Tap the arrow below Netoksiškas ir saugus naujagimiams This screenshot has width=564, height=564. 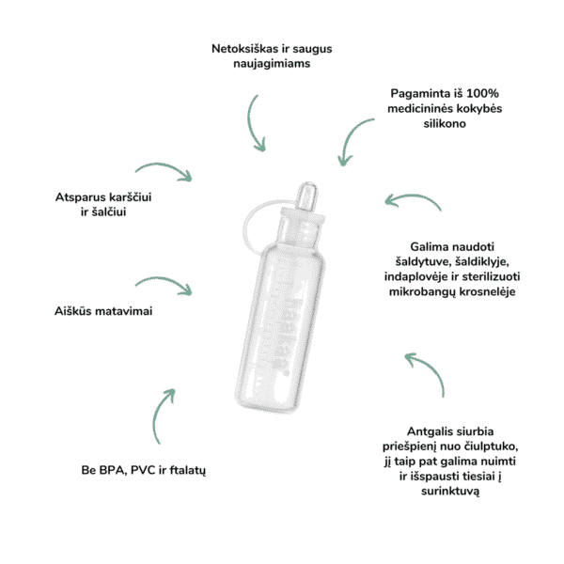(x=257, y=122)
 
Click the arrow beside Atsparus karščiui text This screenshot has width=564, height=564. (x=164, y=171)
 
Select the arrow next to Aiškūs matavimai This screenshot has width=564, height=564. (x=164, y=285)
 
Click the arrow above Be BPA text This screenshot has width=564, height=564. (x=161, y=413)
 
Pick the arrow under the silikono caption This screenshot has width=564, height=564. (x=355, y=138)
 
